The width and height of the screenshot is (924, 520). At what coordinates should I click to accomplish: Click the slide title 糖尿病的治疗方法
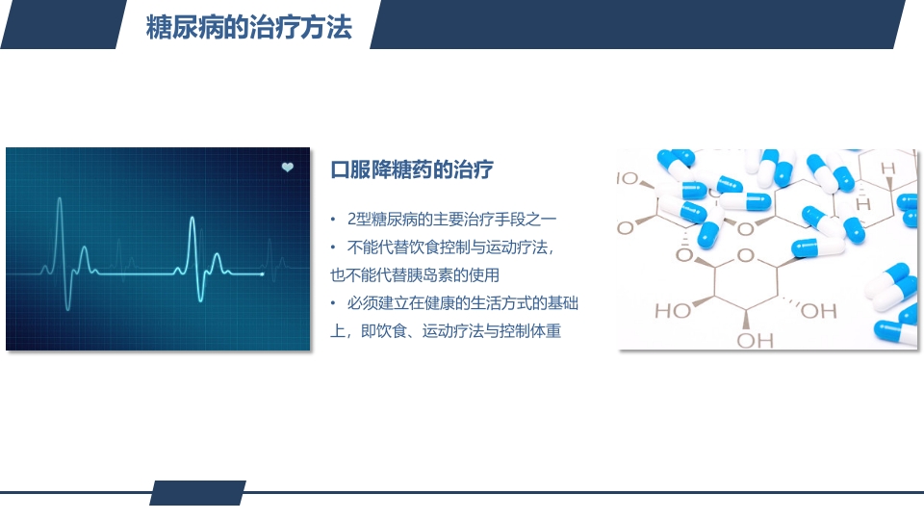coord(248,26)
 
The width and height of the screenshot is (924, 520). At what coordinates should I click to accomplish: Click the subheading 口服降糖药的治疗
coord(411,170)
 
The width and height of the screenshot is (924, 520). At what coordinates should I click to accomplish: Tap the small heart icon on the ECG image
coord(287,168)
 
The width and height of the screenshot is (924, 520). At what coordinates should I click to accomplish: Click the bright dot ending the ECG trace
coord(263,274)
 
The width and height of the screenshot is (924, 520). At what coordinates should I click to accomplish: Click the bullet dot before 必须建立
coord(333,303)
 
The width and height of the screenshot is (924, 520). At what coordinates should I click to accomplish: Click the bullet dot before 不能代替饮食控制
coord(333,247)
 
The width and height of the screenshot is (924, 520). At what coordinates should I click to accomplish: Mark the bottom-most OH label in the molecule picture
coord(756,340)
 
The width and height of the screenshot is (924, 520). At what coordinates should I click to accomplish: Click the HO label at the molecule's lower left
coord(672,310)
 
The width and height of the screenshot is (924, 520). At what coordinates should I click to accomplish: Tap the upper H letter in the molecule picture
coord(887,169)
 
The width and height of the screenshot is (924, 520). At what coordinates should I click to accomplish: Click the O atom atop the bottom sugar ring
coord(743,255)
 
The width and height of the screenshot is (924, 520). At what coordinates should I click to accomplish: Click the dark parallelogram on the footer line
coord(197,492)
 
